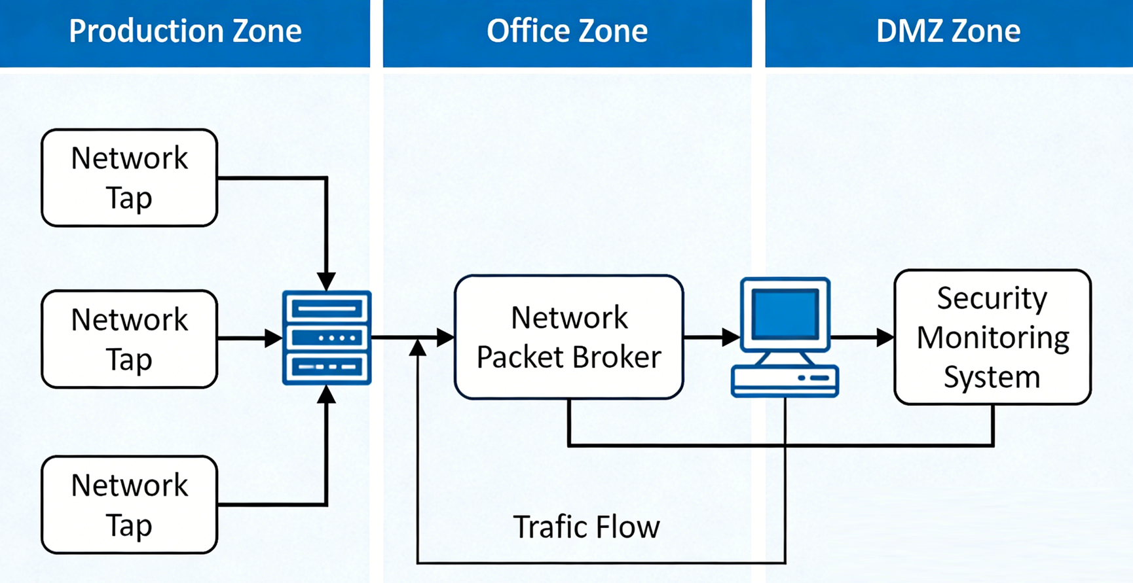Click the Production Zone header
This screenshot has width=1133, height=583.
185,31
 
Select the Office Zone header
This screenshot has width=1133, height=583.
567,31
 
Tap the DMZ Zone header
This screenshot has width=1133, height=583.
948,31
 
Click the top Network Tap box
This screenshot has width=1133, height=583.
129,178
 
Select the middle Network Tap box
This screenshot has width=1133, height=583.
129,339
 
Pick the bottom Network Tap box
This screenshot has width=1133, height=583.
129,504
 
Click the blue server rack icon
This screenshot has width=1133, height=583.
327,338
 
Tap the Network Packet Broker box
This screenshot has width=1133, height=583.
568,337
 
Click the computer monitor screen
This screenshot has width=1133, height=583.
785,313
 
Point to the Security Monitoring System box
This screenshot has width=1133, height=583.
992,337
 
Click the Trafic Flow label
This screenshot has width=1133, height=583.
586,527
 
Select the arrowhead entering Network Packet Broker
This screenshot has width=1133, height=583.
445,338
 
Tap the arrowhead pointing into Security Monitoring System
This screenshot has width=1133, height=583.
885,338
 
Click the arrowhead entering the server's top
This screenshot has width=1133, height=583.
326,281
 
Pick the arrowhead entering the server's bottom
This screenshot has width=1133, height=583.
326,394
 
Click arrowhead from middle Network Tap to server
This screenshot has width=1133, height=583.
274,338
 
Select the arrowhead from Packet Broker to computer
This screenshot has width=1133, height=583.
731,338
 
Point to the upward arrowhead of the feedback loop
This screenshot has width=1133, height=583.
418,348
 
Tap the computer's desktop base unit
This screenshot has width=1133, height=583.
785,381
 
